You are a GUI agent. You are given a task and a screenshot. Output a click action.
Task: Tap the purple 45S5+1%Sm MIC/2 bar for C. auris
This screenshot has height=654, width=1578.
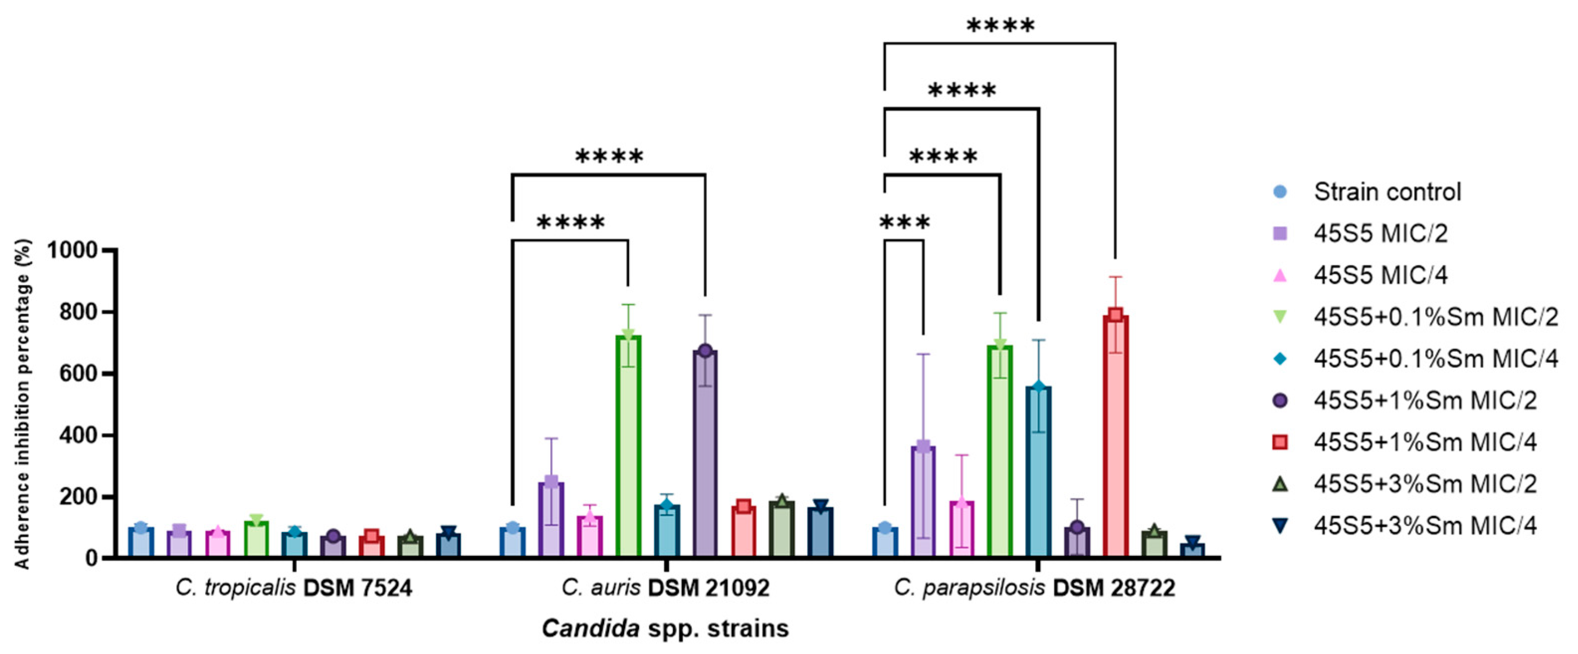[x=705, y=453]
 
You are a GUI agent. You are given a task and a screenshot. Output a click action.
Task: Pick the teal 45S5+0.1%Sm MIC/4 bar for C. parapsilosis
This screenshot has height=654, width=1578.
[x=1039, y=472]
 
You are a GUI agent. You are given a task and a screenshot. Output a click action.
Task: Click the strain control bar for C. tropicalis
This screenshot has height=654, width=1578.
[x=141, y=542]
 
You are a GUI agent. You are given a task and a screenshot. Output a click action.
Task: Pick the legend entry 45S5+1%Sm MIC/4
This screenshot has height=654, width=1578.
[x=1425, y=442]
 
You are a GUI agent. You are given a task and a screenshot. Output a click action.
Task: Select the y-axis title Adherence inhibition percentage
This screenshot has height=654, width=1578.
[x=23, y=405]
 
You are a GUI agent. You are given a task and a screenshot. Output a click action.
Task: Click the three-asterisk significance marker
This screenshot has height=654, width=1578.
[x=904, y=222]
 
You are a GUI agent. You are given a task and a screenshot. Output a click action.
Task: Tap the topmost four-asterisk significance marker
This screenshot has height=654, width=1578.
[x=1000, y=26]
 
